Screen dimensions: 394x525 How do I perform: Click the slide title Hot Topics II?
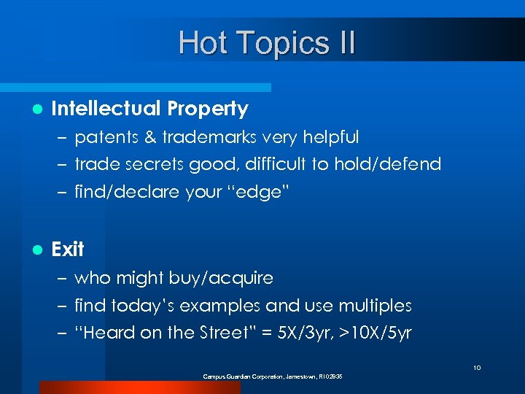(x=267, y=42)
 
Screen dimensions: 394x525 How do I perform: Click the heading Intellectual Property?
(x=149, y=109)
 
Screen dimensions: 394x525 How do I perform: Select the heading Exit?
(x=68, y=250)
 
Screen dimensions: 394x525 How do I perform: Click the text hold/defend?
(x=387, y=164)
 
